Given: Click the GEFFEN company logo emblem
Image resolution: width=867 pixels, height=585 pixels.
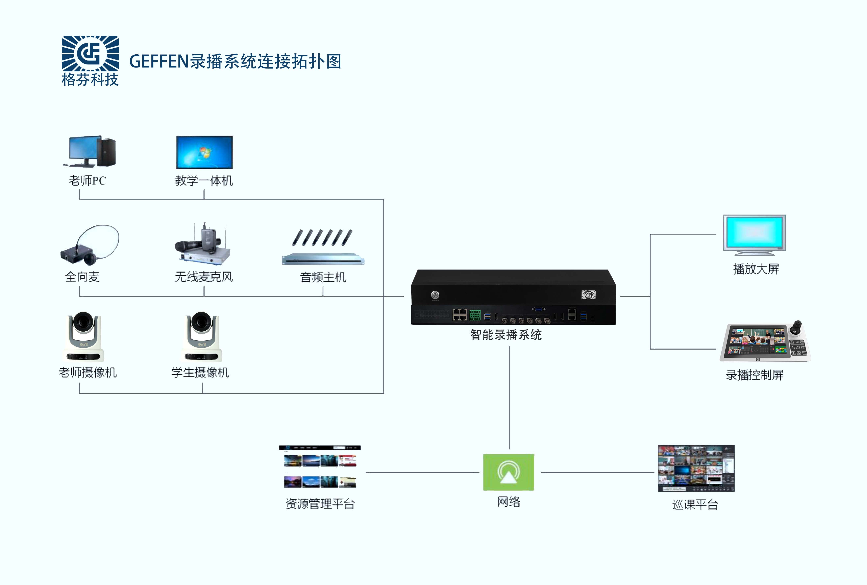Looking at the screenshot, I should point(90,53).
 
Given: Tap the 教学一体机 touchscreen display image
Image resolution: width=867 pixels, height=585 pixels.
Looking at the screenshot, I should point(204,152).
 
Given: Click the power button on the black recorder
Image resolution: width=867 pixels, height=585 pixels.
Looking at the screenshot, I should point(435,295).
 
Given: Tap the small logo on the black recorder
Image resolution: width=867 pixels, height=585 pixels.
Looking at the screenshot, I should point(588,295).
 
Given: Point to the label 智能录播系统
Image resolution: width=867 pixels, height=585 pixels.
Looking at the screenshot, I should point(506,335).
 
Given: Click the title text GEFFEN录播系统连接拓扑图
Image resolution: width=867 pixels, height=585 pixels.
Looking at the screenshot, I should point(235,61).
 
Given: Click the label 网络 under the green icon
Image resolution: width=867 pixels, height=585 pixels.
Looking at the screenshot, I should point(509,502).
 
